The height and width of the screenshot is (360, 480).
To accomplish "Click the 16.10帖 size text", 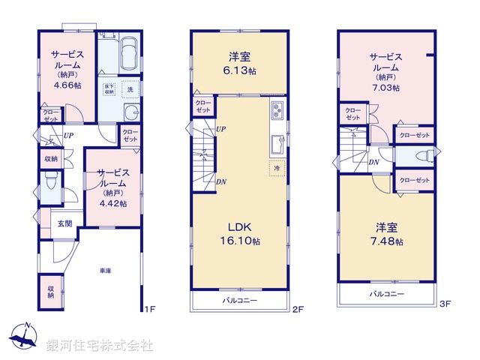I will (x=238, y=241).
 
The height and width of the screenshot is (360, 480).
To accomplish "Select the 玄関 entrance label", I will (x=65, y=223).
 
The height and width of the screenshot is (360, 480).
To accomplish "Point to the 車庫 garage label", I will (x=105, y=270).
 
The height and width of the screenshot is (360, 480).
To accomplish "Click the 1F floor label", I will (x=148, y=307).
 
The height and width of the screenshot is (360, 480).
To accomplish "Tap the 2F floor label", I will (x=296, y=307).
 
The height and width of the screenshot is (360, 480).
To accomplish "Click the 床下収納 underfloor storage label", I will (x=109, y=88).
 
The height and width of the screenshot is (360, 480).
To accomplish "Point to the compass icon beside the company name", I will (x=25, y=336).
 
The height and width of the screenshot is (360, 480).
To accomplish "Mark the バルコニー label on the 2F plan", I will (x=239, y=300).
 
